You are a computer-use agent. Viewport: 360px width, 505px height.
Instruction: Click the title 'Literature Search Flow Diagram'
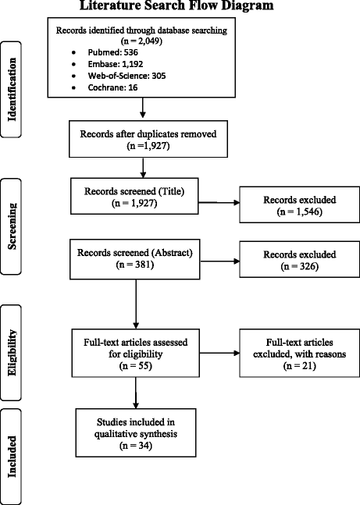coord(180,7)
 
